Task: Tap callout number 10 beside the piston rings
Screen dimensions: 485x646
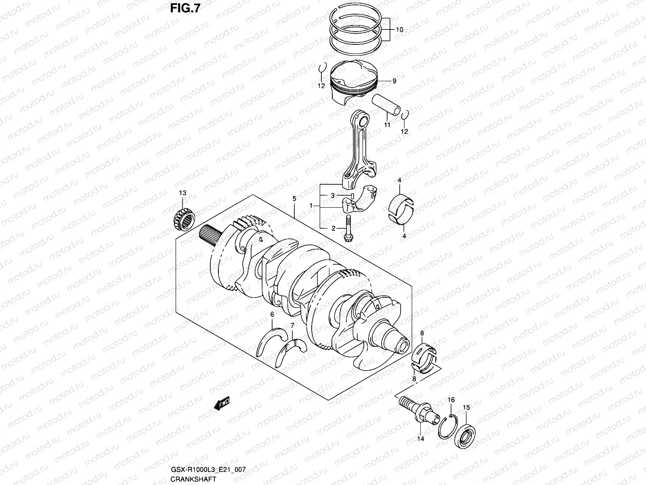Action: pos(399,30)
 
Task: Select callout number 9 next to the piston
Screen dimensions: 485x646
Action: pos(394,81)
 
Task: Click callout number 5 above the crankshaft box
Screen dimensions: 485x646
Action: pos(294,199)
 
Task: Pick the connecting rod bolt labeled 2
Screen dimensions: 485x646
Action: pos(348,229)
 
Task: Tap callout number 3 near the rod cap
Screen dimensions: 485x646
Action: pos(333,196)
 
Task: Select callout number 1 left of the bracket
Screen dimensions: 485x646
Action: pos(311,206)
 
